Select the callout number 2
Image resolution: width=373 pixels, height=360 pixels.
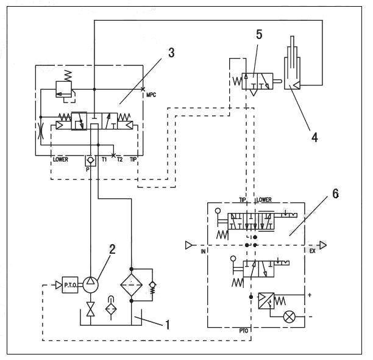[112, 248]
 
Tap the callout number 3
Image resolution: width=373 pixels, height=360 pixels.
[171, 52]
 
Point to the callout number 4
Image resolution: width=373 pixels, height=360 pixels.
[314, 137]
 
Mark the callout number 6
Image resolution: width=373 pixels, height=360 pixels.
[335, 194]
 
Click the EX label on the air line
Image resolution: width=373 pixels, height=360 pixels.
[312, 251]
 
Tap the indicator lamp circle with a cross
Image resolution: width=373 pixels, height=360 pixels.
[290, 317]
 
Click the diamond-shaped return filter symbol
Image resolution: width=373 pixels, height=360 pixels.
[131, 286]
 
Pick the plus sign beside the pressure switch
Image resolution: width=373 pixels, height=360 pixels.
[311, 296]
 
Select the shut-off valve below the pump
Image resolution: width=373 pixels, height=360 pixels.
[91, 309]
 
